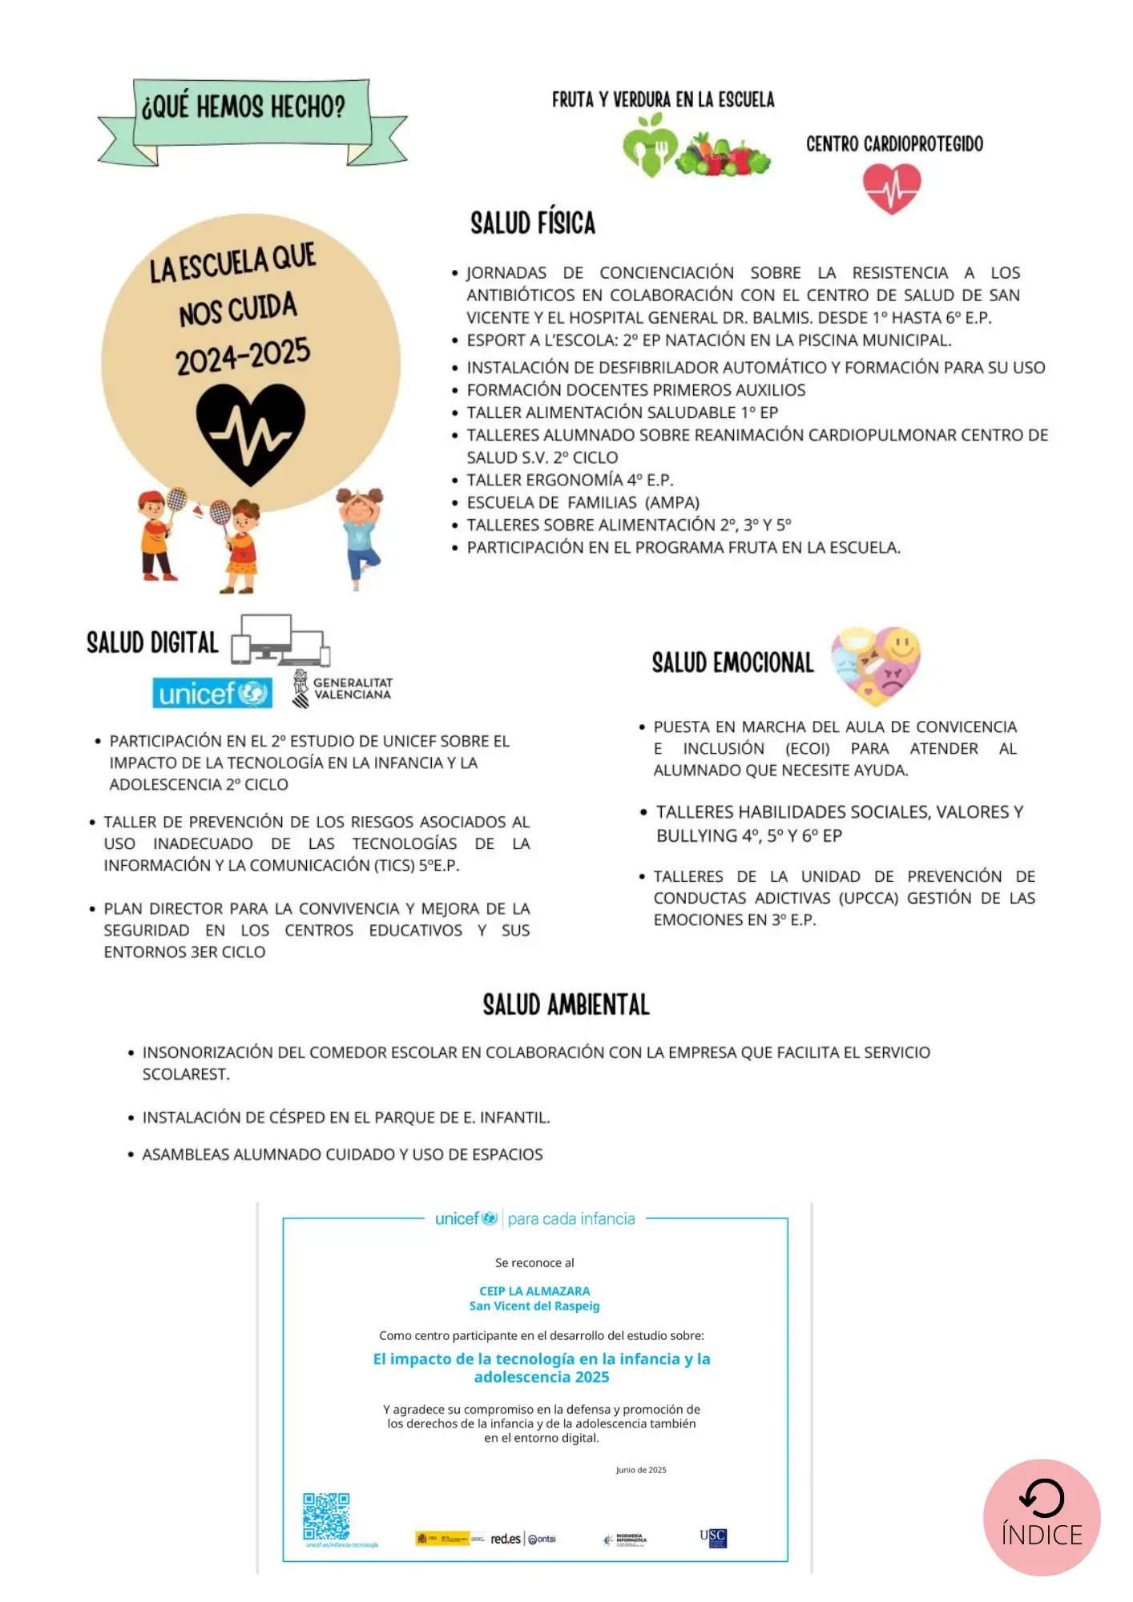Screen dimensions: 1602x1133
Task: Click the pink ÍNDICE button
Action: [1041, 1517]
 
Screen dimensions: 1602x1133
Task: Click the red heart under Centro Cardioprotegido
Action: [892, 187]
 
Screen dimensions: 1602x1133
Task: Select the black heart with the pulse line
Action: [251, 433]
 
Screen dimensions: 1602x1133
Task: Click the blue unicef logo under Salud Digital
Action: [212, 693]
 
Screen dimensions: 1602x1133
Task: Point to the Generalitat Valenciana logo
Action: [343, 689]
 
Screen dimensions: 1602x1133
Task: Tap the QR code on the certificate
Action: [326, 1515]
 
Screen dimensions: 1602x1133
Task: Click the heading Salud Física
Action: [533, 223]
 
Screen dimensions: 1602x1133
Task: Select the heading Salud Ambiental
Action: [566, 1004]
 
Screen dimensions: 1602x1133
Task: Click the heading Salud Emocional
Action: [732, 663]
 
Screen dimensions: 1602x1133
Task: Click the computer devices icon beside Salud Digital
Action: [280, 640]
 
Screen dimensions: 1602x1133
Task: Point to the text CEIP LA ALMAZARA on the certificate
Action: [534, 1291]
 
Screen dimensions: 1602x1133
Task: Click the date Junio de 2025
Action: [641, 1470]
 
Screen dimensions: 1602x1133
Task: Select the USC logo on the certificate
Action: [713, 1537]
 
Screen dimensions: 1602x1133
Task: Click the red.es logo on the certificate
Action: [506, 1539]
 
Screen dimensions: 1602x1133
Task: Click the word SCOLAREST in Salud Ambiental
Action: [185, 1074]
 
